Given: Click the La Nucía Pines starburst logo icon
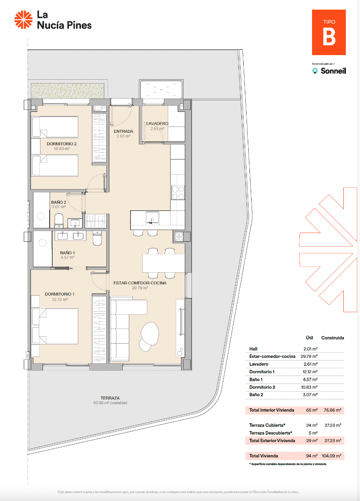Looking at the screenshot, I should [x=23, y=20].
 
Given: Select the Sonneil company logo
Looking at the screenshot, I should [x=329, y=71].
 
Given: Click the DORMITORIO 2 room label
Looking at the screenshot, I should [x=62, y=144].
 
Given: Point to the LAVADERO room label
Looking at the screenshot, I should [x=157, y=124].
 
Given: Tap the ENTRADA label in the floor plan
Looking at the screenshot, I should [x=123, y=131].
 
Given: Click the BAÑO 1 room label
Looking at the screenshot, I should [x=68, y=253].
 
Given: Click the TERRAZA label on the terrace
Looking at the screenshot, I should [x=110, y=398].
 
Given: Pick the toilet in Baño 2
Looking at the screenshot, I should [x=59, y=219].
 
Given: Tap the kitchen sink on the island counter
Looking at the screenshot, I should [x=151, y=217].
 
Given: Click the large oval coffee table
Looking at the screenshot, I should [x=150, y=333].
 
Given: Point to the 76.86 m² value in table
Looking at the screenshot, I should [x=332, y=410].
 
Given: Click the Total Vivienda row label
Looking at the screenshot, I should [x=264, y=456].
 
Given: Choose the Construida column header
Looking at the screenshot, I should [x=332, y=338].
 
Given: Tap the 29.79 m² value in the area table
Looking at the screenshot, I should [x=309, y=357].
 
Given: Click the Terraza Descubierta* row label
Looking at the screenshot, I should [x=271, y=433].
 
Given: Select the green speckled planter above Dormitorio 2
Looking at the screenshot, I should [x=67, y=90].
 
